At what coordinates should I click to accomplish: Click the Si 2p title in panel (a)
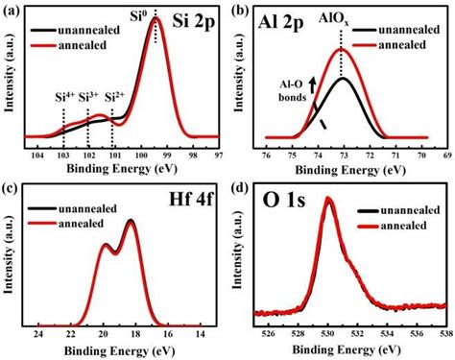click(x=196, y=18)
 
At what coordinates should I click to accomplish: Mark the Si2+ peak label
click(x=115, y=98)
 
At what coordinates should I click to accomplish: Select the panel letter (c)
click(x=9, y=186)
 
